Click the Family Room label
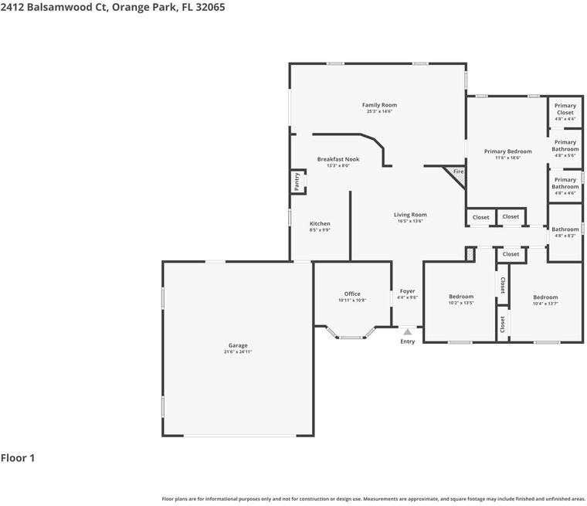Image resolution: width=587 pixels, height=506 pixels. pyautogui.click(x=379, y=105)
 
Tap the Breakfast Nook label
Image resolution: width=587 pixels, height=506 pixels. pyautogui.click(x=338, y=159)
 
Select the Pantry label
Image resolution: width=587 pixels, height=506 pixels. pyautogui.click(x=297, y=182)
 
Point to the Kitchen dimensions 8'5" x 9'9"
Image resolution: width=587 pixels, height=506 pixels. pyautogui.click(x=320, y=230)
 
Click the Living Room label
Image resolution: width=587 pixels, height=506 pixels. pyautogui.click(x=410, y=215)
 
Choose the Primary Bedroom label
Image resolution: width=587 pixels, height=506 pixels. pyautogui.click(x=507, y=151)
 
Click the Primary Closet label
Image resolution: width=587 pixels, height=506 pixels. pyautogui.click(x=565, y=109)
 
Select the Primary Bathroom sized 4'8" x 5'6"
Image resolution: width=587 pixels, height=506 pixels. pyautogui.click(x=565, y=146)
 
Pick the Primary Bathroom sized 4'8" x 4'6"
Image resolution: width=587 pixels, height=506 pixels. pyautogui.click(x=565, y=183)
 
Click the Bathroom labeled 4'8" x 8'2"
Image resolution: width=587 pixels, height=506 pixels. pyautogui.click(x=565, y=229)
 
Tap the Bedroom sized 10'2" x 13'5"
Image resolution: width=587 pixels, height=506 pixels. pyautogui.click(x=461, y=297)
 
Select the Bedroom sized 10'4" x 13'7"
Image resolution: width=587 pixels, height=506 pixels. pyautogui.click(x=545, y=297)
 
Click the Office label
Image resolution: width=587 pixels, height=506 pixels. pyautogui.click(x=352, y=294)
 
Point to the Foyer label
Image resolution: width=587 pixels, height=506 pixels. pyautogui.click(x=407, y=291)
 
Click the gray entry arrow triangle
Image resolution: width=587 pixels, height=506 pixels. pyautogui.click(x=407, y=331)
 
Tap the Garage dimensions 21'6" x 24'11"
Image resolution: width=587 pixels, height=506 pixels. pyautogui.click(x=238, y=352)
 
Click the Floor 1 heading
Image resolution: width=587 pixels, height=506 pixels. pyautogui.click(x=18, y=458)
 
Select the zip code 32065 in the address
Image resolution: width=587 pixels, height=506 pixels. pyautogui.click(x=209, y=7)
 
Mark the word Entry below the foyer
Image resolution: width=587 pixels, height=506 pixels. pyautogui.click(x=407, y=341)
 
